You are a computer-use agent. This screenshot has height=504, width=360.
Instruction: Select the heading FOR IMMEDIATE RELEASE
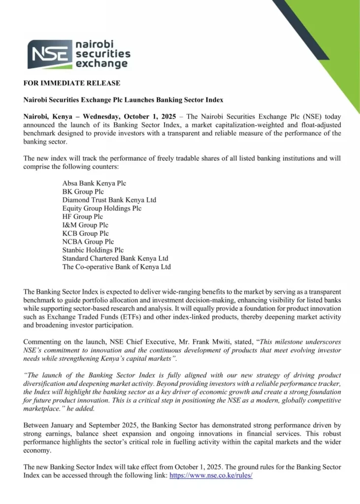click(71, 83)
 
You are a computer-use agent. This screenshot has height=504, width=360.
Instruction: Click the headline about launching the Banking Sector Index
click(123, 100)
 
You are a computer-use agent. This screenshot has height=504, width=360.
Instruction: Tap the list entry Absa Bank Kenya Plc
click(94, 184)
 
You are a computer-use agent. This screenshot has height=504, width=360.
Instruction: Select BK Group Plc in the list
click(83, 192)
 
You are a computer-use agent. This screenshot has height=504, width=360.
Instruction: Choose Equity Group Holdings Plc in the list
click(101, 209)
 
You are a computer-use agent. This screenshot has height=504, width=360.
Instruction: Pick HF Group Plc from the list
click(83, 217)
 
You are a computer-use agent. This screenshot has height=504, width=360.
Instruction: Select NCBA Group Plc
click(88, 242)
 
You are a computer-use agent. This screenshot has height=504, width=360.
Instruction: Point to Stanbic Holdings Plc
click(93, 251)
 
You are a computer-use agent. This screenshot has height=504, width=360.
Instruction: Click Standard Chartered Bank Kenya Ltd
click(115, 259)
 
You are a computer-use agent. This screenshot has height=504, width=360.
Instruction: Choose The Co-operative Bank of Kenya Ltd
click(116, 267)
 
